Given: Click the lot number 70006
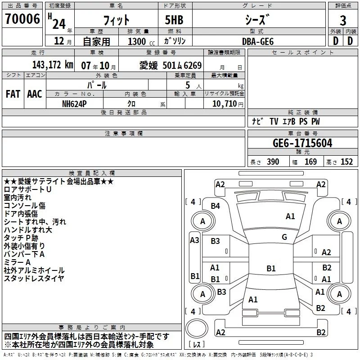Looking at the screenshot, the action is (x=22, y=19).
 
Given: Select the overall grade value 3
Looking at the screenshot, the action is (x=343, y=21).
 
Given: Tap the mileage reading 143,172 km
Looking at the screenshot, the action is (x=53, y=65).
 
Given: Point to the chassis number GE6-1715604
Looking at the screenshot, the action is (x=302, y=143).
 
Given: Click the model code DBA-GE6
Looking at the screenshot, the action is (x=258, y=41).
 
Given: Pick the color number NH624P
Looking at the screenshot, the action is (x=74, y=104).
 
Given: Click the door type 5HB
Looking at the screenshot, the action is (x=174, y=20).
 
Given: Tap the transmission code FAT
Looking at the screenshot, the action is (x=13, y=94).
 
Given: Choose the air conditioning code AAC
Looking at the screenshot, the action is (x=35, y=94).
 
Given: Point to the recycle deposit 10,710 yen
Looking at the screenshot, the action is (x=228, y=104).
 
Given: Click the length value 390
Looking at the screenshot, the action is (x=273, y=162).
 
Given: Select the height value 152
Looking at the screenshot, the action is (x=346, y=162).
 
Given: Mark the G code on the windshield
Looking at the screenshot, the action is (x=284, y=237).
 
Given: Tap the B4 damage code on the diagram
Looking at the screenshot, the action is (x=216, y=206).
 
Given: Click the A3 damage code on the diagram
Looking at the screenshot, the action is (x=194, y=240).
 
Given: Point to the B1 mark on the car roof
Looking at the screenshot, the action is (x=271, y=268).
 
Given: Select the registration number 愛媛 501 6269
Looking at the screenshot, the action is (x=171, y=66).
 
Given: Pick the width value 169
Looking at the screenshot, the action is (x=310, y=162).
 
